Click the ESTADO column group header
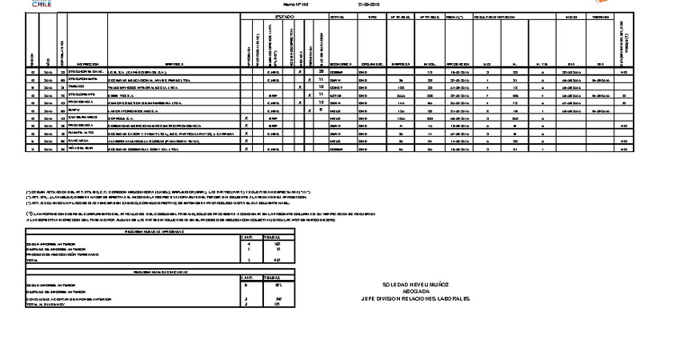[x=284, y=16]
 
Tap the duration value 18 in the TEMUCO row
[x=319, y=86]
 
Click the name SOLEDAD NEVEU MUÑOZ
[x=416, y=284]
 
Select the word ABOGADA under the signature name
[x=416, y=291]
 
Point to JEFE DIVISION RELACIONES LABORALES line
[x=416, y=298]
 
